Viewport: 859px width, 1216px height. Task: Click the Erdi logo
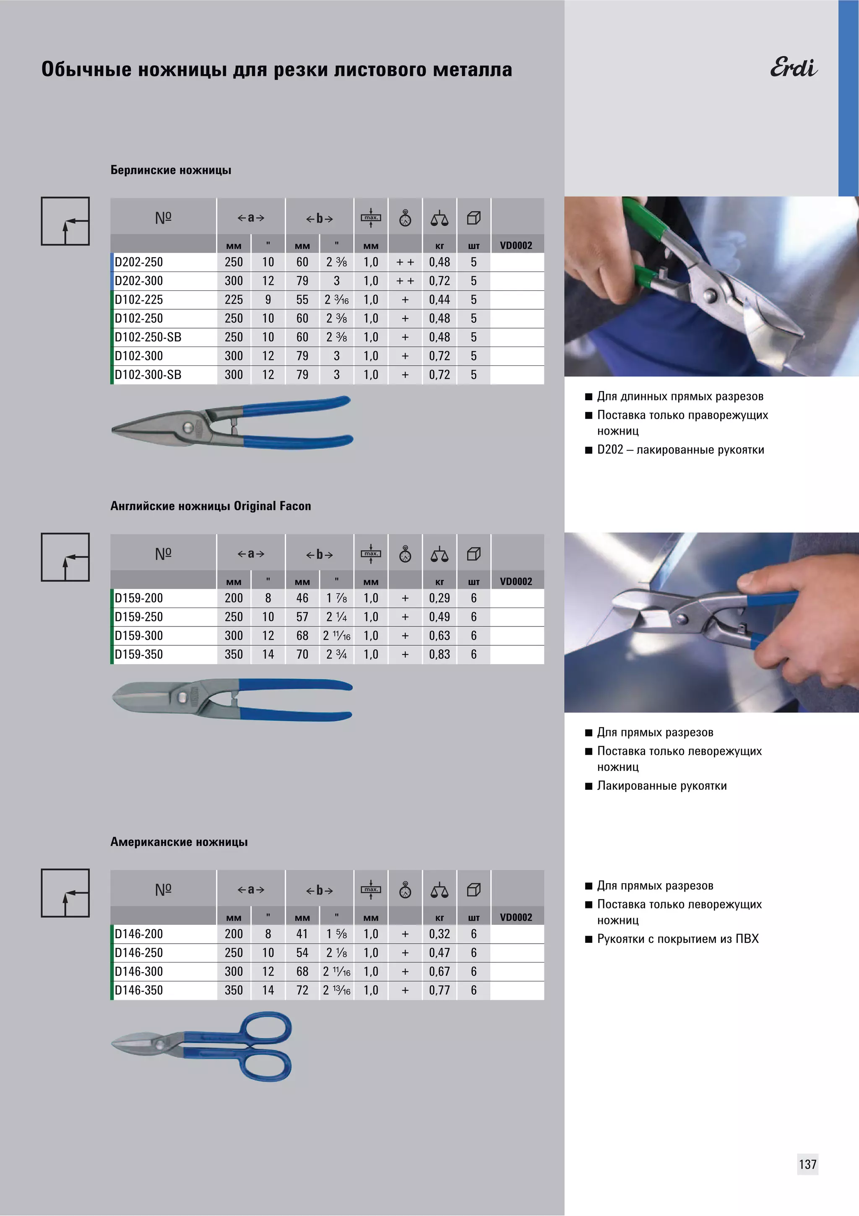(x=794, y=68)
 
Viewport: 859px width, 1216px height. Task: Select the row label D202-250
(x=139, y=262)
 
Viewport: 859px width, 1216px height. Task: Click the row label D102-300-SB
(x=148, y=375)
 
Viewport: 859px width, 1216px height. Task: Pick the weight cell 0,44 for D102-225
(x=439, y=300)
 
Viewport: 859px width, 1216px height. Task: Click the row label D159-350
(x=139, y=655)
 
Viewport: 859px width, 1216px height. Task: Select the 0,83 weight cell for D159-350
(x=439, y=655)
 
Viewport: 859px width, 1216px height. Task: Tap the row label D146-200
(x=139, y=934)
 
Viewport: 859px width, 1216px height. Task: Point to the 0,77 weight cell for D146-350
(x=439, y=990)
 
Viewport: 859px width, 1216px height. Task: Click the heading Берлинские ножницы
(x=171, y=170)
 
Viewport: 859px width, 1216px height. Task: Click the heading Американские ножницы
(x=179, y=842)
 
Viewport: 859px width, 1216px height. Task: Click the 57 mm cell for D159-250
(x=302, y=617)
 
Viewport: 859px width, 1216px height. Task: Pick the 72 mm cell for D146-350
(x=302, y=990)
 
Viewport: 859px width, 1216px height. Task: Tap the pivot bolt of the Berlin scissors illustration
(x=187, y=427)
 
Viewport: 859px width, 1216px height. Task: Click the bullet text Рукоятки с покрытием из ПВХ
(x=678, y=939)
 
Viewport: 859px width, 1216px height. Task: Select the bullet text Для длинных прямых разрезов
(x=680, y=396)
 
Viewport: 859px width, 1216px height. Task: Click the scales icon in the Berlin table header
(x=439, y=218)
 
